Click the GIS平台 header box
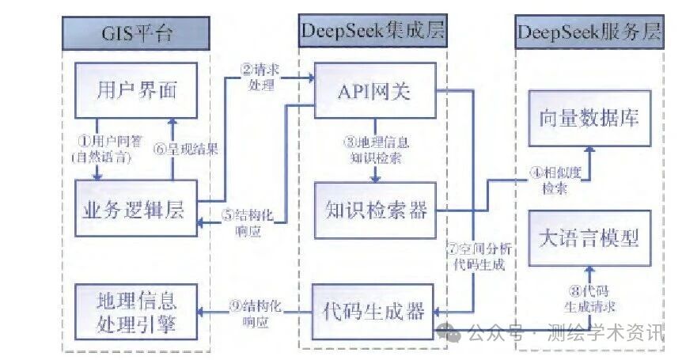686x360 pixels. tap(135, 33)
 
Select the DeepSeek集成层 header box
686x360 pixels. tap(373, 32)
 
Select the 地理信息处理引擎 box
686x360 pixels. tap(135, 312)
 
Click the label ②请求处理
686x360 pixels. tap(260, 76)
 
